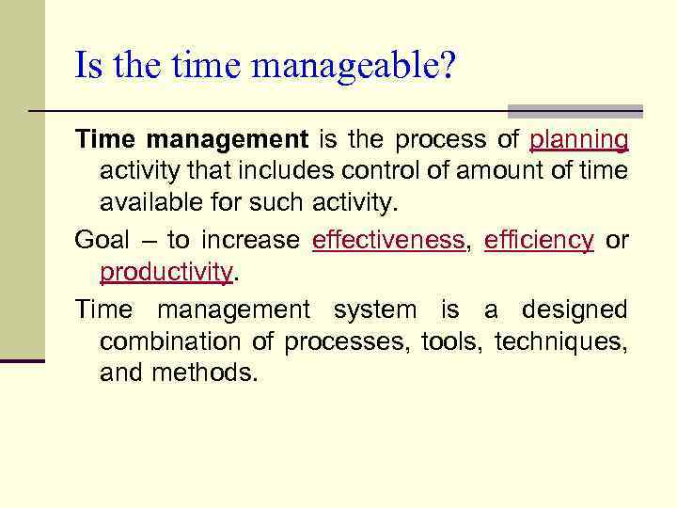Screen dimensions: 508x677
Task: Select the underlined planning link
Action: [x=579, y=140]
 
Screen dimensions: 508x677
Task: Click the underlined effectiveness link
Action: [x=388, y=240]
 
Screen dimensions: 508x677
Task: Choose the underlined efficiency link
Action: [x=539, y=240]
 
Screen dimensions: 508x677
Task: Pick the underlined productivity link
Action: [x=165, y=272]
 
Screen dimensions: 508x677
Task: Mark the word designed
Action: [x=575, y=310]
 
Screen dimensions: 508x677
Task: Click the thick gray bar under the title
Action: [x=575, y=111]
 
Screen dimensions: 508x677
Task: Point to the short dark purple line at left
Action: [x=23, y=360]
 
